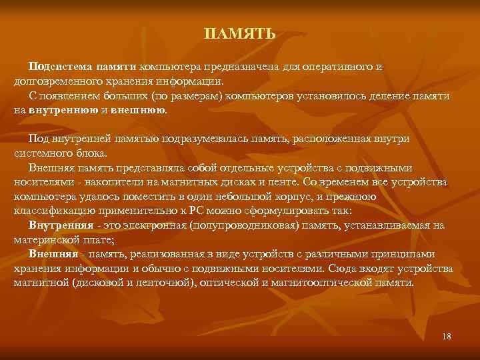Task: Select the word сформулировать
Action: pos(259,211)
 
